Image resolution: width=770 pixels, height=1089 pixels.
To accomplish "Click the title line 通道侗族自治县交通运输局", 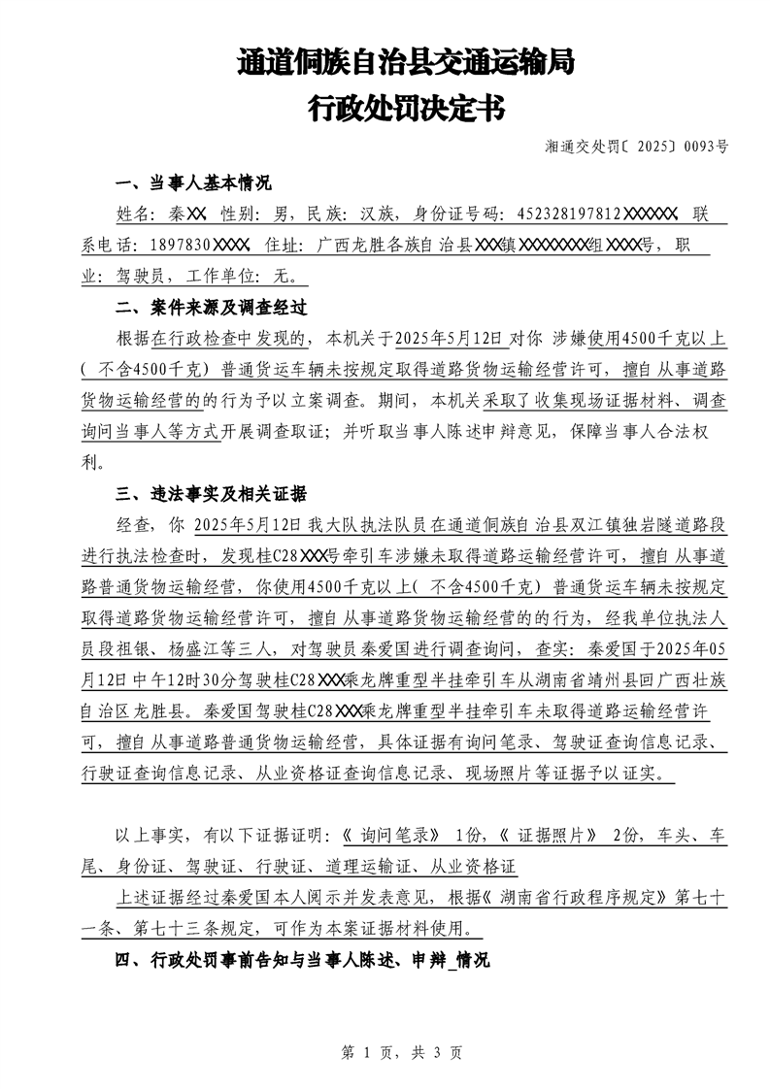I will [405, 64].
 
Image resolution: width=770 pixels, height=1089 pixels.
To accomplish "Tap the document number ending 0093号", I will [636, 148].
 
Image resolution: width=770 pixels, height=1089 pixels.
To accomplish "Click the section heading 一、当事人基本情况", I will [193, 184].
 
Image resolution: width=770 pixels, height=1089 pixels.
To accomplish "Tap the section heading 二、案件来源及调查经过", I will [211, 308].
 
